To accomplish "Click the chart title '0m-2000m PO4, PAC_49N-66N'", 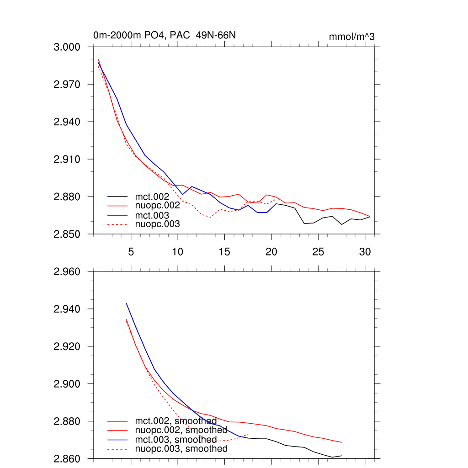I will (x=165, y=36).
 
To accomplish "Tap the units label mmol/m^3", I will (x=351, y=37).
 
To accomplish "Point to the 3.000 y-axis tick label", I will (x=67, y=47).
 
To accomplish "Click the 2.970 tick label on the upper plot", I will (x=67, y=85).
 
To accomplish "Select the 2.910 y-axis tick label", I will (x=67, y=160).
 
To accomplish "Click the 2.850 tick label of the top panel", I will (x=67, y=234).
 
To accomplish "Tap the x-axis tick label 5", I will (x=131, y=251).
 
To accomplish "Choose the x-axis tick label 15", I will (x=224, y=251).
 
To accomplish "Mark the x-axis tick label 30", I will (x=365, y=251).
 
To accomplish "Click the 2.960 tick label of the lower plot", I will (x=67, y=272).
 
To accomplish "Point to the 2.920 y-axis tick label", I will (x=67, y=346).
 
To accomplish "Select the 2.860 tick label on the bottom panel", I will (x=67, y=458).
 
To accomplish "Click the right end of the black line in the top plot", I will (x=370, y=216).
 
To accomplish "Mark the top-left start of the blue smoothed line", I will (x=126, y=303).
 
